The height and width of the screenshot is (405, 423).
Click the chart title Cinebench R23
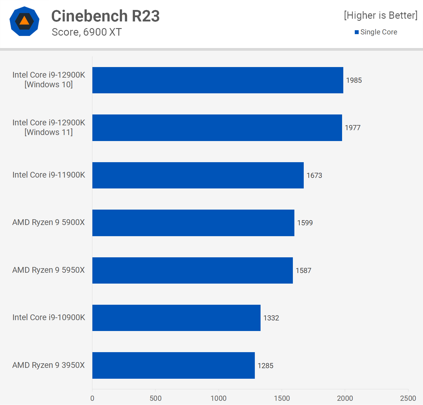[x=105, y=16]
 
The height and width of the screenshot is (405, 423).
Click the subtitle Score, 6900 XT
[x=87, y=32]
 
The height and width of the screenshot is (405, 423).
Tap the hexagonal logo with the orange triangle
[x=24, y=21]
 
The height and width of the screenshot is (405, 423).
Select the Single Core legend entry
[x=376, y=32]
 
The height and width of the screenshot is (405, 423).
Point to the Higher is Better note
[x=380, y=15]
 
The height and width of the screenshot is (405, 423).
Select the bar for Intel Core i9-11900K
[x=198, y=175]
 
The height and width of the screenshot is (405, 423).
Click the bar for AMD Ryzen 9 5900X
[x=193, y=223]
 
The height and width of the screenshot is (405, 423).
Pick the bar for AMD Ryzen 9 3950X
[x=173, y=365]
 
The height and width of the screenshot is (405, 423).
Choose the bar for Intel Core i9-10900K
[x=176, y=318]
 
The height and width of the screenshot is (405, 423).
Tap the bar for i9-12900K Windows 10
[x=218, y=80]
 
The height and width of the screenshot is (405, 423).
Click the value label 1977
[x=353, y=128]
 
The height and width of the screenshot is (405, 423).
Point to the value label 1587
[x=303, y=271]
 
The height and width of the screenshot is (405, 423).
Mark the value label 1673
[x=314, y=175]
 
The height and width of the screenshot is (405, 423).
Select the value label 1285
[x=265, y=366]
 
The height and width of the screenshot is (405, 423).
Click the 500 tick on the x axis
[x=155, y=398]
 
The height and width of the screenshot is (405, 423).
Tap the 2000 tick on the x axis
[x=345, y=398]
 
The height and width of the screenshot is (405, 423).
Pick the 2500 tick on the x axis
[x=408, y=398]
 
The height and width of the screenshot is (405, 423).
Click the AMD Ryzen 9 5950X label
[x=49, y=270]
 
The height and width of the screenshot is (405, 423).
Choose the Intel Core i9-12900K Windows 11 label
[x=49, y=127]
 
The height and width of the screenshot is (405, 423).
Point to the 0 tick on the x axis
[x=92, y=398]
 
